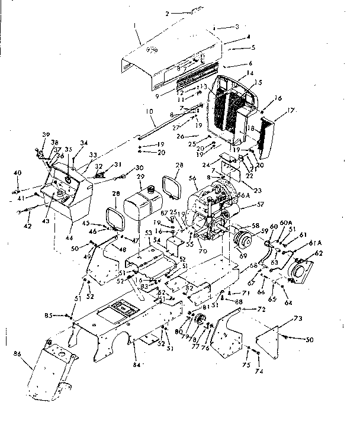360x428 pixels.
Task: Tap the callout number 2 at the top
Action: tap(167, 12)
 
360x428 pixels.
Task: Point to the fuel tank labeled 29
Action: tap(145, 201)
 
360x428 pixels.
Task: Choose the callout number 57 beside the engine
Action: tap(259, 204)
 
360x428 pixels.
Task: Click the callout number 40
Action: tap(17, 172)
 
